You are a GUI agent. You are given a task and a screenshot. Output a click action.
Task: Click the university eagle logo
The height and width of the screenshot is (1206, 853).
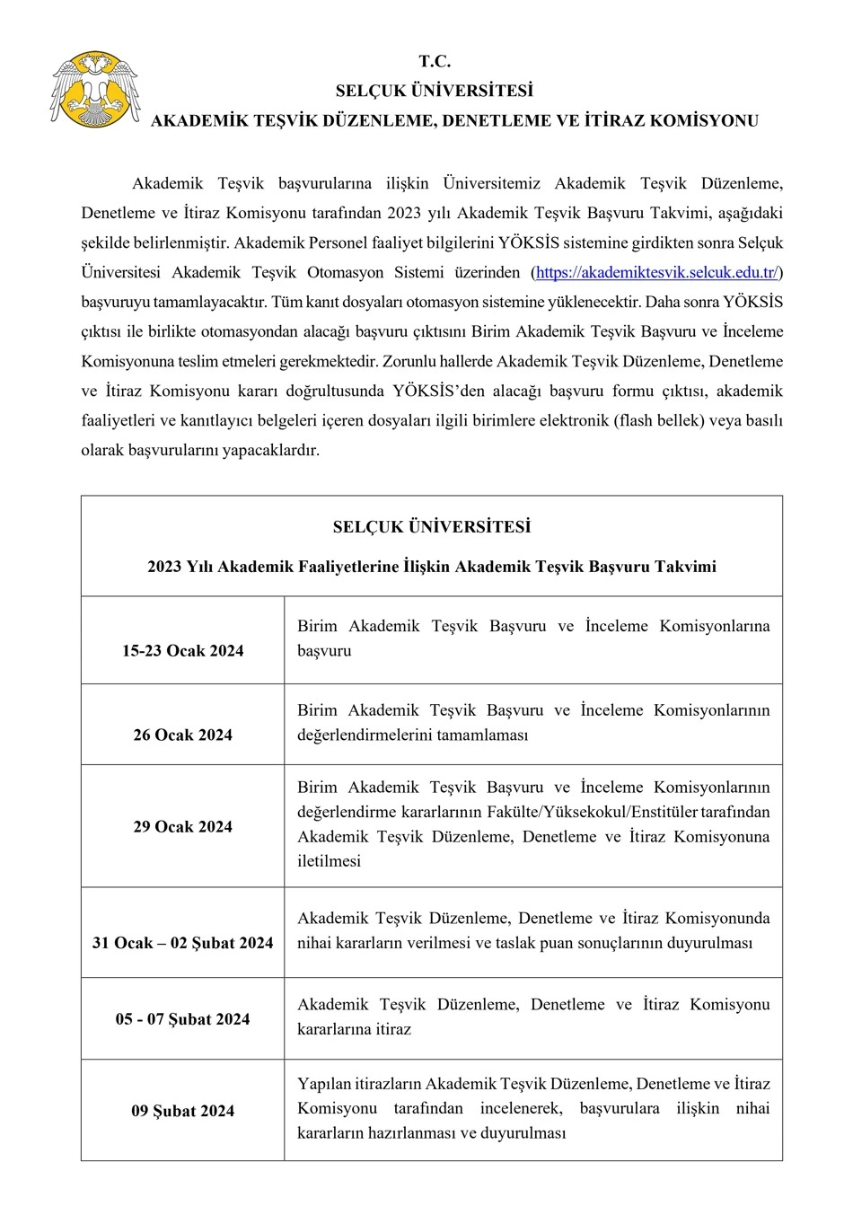(x=94, y=90)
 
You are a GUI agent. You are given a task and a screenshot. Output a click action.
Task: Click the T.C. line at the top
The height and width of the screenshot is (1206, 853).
(x=434, y=62)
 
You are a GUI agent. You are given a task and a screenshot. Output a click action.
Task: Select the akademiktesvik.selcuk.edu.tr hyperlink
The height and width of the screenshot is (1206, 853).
(x=656, y=272)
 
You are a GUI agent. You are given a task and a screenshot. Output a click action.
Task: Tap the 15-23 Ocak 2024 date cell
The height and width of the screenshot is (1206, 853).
(x=183, y=651)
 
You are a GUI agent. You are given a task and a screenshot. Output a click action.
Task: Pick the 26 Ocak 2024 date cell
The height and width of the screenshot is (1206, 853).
(x=183, y=735)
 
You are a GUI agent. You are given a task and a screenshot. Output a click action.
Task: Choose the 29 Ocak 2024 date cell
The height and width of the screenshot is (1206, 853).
(x=183, y=827)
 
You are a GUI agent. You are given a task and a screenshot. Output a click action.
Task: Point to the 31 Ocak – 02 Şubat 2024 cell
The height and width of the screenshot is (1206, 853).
(x=183, y=943)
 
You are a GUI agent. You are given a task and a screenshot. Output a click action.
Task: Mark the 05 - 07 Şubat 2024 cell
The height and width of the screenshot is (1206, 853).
(x=183, y=1019)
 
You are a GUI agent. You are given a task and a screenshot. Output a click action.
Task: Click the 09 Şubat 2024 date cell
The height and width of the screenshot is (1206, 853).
(x=183, y=1111)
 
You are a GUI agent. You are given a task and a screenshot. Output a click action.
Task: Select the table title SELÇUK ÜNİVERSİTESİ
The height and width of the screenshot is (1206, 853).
(x=432, y=527)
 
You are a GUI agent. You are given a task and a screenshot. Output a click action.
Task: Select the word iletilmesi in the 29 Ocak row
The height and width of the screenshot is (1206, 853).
(x=329, y=861)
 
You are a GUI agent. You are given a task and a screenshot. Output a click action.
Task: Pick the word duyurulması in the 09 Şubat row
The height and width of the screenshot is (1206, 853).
(x=523, y=1133)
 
